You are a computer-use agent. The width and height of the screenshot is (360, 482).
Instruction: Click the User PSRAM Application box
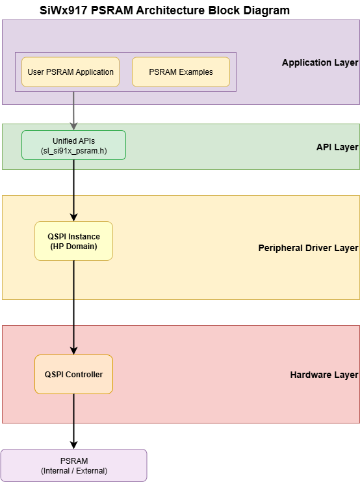(x=71, y=72)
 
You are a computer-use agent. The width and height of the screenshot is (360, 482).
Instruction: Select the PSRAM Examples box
(x=181, y=72)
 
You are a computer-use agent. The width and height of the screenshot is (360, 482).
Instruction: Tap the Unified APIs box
(x=73, y=145)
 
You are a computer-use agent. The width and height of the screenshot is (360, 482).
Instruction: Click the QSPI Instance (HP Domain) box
(x=73, y=241)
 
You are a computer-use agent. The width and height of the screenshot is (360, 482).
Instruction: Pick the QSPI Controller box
(x=73, y=374)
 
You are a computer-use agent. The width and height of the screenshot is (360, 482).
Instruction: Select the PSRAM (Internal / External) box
(x=73, y=465)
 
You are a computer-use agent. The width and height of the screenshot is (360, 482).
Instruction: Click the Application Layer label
(x=320, y=63)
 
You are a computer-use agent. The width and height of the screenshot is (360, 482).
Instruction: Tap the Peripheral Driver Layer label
(x=308, y=248)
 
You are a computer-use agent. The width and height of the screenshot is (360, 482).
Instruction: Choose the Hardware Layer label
(x=324, y=375)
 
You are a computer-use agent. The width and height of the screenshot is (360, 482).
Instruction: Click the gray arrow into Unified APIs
(x=73, y=111)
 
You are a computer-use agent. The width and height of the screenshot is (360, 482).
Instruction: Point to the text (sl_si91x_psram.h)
(x=73, y=150)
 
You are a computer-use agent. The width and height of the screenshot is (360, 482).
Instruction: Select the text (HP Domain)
(x=73, y=247)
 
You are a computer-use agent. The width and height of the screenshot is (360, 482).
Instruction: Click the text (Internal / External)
(x=73, y=470)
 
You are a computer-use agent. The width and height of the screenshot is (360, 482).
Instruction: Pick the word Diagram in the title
(x=266, y=10)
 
